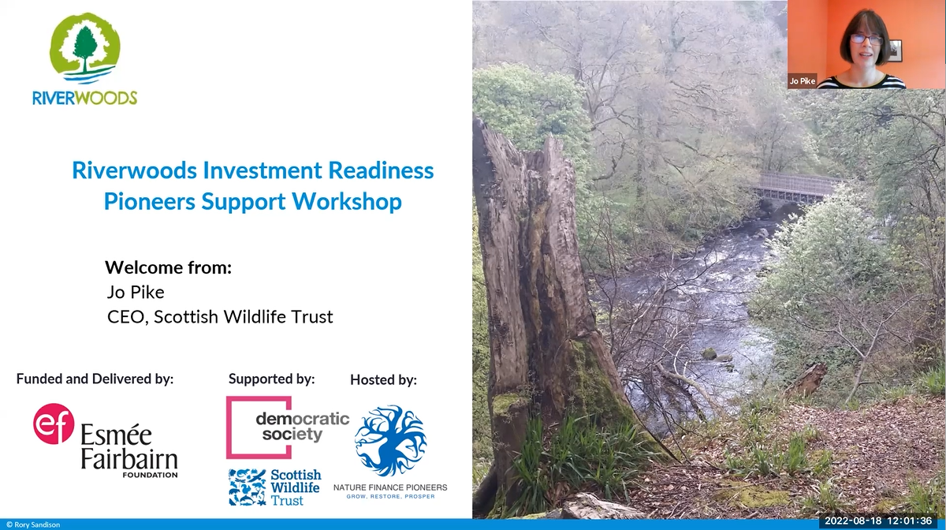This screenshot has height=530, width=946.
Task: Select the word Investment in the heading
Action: click(x=263, y=170)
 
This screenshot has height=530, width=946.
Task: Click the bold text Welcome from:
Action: click(x=168, y=267)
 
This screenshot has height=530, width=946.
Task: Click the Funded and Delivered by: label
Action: click(x=95, y=379)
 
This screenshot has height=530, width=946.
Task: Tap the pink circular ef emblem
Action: click(x=54, y=424)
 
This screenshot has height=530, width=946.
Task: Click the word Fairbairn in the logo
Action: click(x=129, y=460)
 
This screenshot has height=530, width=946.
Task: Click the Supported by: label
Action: click(x=271, y=379)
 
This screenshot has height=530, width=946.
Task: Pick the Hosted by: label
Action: click(x=383, y=380)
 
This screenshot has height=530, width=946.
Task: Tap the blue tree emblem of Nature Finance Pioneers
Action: click(x=391, y=440)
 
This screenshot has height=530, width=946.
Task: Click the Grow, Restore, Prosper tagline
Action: click(x=391, y=496)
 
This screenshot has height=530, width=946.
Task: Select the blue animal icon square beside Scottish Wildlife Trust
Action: click(x=247, y=487)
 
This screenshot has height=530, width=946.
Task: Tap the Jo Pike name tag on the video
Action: click(x=803, y=80)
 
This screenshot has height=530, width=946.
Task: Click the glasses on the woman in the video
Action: click(x=866, y=39)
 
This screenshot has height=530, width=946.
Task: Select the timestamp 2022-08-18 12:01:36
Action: click(x=878, y=521)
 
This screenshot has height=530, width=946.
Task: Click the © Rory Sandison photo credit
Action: click(x=33, y=525)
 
